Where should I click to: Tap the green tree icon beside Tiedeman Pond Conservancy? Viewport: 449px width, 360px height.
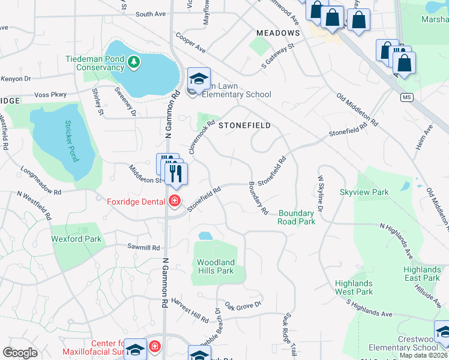pos(136,61)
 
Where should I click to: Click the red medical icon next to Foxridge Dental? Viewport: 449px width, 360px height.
pos(175,200)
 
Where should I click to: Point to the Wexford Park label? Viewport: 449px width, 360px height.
pos(76,239)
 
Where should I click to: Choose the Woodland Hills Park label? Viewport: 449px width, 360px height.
pos(215,266)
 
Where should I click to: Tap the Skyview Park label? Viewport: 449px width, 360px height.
pos(364,193)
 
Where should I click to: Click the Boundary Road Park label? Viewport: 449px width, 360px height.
pos(297,217)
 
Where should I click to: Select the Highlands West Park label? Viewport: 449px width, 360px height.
pos(354,287)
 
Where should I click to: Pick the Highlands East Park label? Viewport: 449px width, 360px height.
pos(421,274)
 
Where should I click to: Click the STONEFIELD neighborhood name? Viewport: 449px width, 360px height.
pos(244,125)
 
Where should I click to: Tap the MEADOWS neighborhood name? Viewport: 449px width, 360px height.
pos(277,33)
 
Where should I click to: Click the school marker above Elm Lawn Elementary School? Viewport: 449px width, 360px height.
pos(199,79)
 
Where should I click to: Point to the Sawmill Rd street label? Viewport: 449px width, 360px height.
pos(143,247)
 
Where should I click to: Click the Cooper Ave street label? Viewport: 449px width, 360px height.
pos(191,42)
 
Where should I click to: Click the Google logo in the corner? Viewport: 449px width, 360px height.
pos(20,353)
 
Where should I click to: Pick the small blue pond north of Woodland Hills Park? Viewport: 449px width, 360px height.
pos(205,236)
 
